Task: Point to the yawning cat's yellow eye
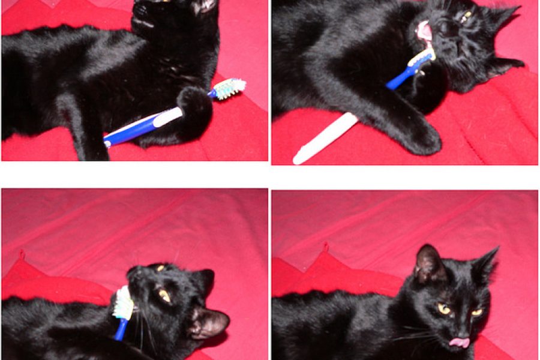pos(466,16)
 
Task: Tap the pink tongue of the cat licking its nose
pos(460,342)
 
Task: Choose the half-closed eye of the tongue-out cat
pos(476,312)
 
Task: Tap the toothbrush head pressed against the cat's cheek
pos(124,303)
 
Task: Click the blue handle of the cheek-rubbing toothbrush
pos(119,329)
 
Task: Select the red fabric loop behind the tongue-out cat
pos(325,247)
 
